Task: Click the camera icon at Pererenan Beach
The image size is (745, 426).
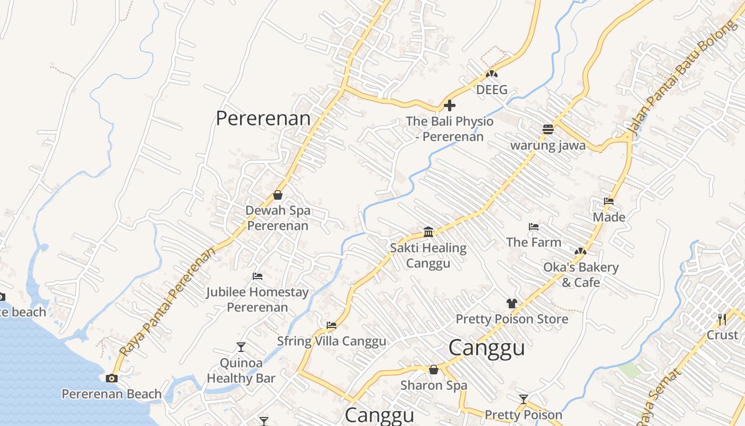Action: [112, 378]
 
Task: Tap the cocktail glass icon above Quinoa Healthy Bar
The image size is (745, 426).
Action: [241, 347]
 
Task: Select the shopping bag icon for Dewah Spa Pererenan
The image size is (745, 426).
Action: [277, 195]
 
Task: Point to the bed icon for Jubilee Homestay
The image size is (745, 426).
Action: [258, 276]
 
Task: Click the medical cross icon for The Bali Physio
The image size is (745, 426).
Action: [450, 105]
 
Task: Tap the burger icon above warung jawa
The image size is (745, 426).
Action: [548, 129]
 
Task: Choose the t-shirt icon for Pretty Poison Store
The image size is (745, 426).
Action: [511, 304]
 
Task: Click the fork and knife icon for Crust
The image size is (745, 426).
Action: [722, 319]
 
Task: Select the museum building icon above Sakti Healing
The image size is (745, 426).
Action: [428, 232]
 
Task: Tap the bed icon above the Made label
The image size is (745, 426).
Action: [609, 201]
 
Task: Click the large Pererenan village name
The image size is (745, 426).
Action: [263, 118]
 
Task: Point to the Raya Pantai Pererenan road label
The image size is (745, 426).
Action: [168, 301]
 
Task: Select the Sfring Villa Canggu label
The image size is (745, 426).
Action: [332, 341]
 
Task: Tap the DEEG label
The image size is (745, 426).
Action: [492, 89]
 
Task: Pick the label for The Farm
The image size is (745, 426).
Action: [533, 242]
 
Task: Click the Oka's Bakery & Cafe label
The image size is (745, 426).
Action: [581, 275]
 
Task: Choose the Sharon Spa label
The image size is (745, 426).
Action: [434, 385]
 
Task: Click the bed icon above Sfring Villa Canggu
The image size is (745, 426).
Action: [332, 325]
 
